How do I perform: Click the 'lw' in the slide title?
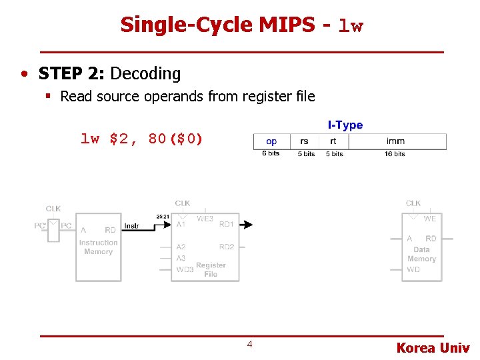[351, 27]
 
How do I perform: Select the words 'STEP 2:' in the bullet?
[72, 73]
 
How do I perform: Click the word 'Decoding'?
[145, 73]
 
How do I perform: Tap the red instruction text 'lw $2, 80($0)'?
[141, 139]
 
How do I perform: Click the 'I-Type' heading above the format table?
[345, 125]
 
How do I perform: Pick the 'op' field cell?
[271, 141]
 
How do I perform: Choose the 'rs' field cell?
[305, 141]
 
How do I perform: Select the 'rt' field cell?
[333, 141]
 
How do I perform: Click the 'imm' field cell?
[395, 141]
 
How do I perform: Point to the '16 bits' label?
[395, 154]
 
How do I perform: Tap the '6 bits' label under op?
[271, 154]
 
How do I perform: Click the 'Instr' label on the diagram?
[132, 226]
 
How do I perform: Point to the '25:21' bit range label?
[162, 217]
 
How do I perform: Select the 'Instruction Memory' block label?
[98, 247]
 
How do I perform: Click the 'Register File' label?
[211, 269]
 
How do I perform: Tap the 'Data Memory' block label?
[421, 254]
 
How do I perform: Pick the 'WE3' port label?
[205, 219]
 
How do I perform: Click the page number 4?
[249, 345]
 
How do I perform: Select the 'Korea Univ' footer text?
[433, 348]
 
